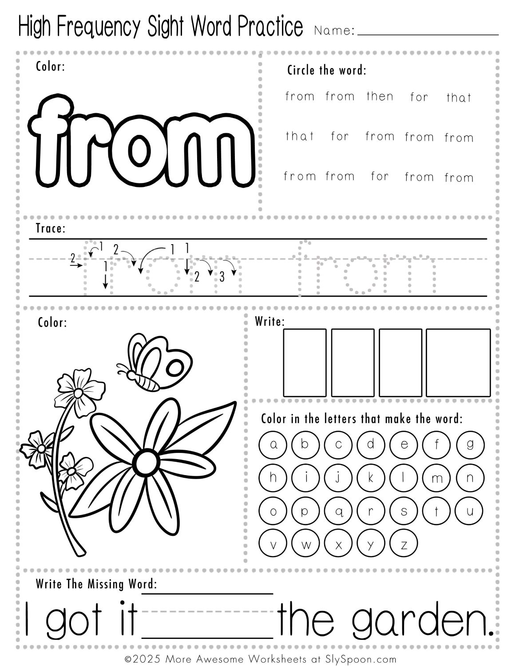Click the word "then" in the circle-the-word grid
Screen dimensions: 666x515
(380, 96)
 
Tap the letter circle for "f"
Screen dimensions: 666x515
(436, 444)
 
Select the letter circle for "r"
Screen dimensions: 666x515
(371, 511)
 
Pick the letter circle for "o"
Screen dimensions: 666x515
(273, 511)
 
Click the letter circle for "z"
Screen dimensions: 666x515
(404, 544)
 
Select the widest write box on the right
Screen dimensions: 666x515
(458, 362)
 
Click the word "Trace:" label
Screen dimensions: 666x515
(50, 229)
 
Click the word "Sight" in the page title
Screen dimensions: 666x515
(167, 27)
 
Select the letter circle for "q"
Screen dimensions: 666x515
(338, 511)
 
